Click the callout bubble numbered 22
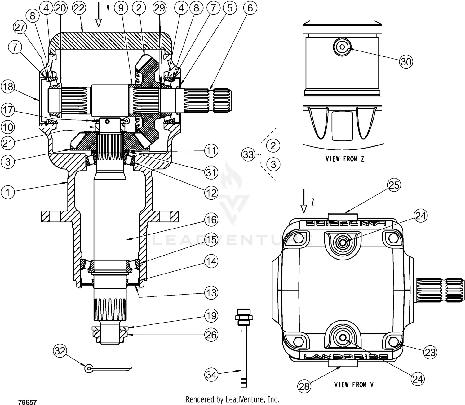click(x=79, y=8)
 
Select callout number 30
click(x=406, y=62)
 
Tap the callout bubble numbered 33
click(x=248, y=154)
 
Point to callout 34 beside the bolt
click(x=211, y=375)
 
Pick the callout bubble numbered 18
click(x=8, y=87)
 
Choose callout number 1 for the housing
click(x=8, y=192)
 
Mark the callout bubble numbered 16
click(x=211, y=220)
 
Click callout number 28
click(x=304, y=386)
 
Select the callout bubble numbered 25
click(x=394, y=185)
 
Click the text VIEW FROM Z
click(x=345, y=159)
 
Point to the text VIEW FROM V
click(x=354, y=385)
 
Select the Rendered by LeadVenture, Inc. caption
click(x=232, y=399)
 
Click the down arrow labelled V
click(x=99, y=15)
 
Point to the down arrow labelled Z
click(x=304, y=201)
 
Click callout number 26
click(x=211, y=335)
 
